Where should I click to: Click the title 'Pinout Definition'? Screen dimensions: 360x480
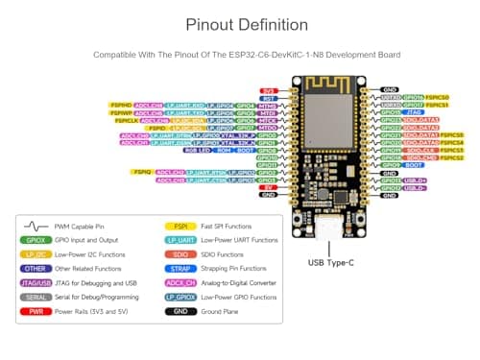[239, 24]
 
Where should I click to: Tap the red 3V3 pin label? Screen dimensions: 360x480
[271, 89]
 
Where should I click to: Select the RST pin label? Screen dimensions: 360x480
[271, 97]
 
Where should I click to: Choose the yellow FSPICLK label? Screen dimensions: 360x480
[126, 120]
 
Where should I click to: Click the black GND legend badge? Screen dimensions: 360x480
[180, 311]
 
